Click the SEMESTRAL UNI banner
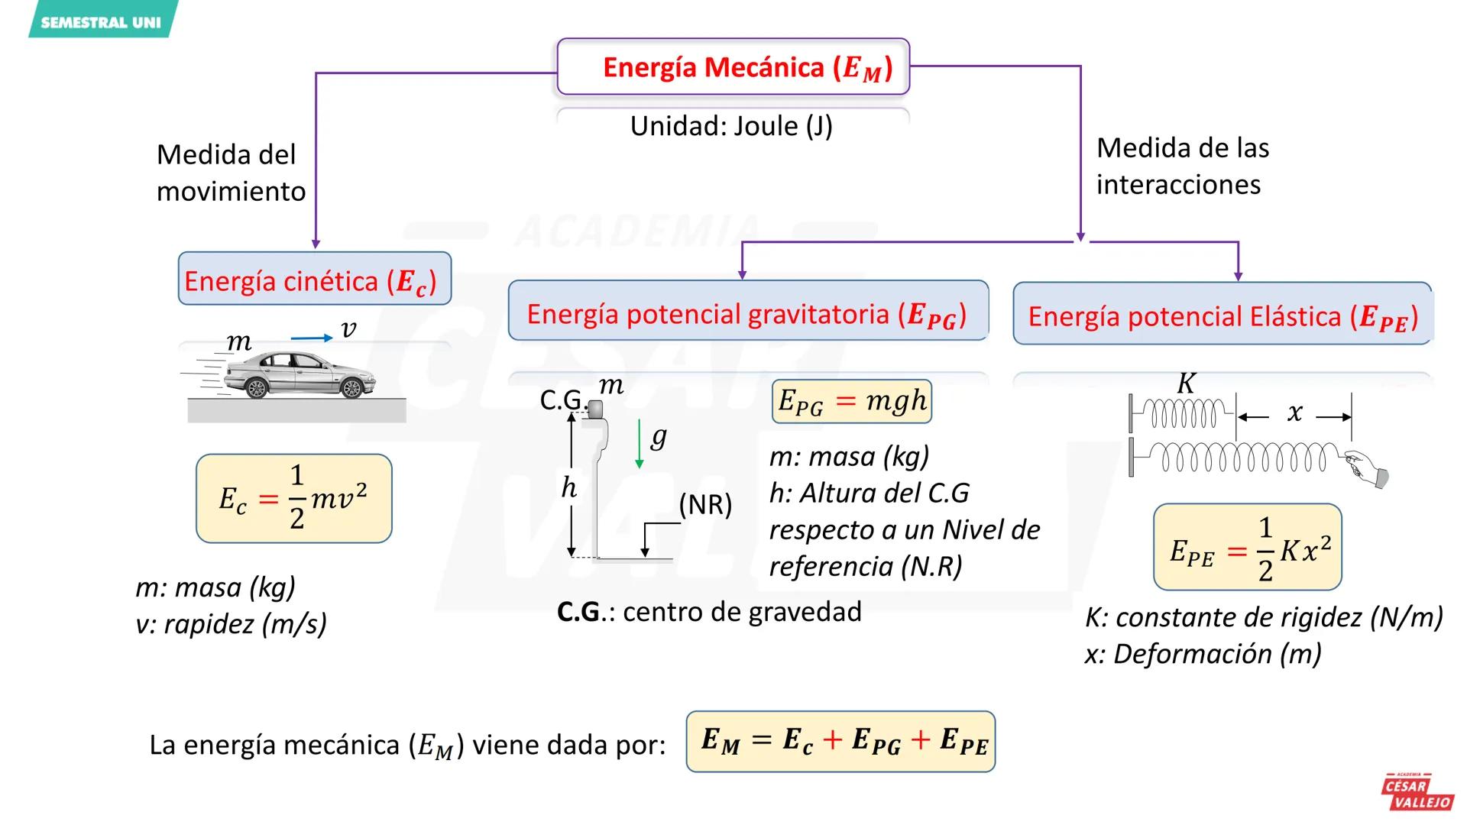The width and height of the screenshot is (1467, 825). coord(101,21)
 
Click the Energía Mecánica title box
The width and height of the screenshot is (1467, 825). coord(733,67)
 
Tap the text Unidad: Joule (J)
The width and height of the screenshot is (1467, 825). coord(731,126)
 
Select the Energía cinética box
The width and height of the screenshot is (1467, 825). coord(314,280)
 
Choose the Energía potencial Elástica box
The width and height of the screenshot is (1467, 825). coord(1222,315)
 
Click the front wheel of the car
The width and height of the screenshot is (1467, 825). coord(351,388)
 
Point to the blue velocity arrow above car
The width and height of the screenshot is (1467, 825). coord(311,338)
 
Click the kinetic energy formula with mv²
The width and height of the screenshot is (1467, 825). coord(293,499)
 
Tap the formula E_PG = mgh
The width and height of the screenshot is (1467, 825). coord(852,401)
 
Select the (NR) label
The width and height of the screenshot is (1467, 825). coord(705,504)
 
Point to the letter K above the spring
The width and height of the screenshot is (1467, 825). coord(1185,383)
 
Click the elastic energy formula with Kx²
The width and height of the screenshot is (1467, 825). coord(1247,548)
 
